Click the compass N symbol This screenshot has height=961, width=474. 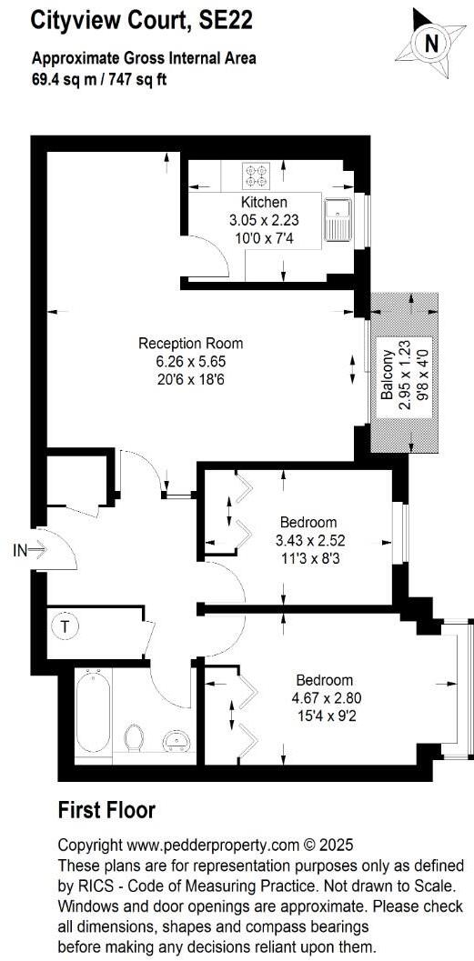(433, 41)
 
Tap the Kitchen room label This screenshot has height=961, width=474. (264, 202)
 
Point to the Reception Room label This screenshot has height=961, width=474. (190, 343)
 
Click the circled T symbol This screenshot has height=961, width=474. (66, 626)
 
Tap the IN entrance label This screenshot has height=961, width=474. (20, 549)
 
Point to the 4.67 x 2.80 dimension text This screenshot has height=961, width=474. (325, 697)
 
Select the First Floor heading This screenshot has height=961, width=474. (106, 810)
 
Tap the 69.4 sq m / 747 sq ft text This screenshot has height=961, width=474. (99, 77)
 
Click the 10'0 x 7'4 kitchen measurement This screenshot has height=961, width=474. (263, 238)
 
